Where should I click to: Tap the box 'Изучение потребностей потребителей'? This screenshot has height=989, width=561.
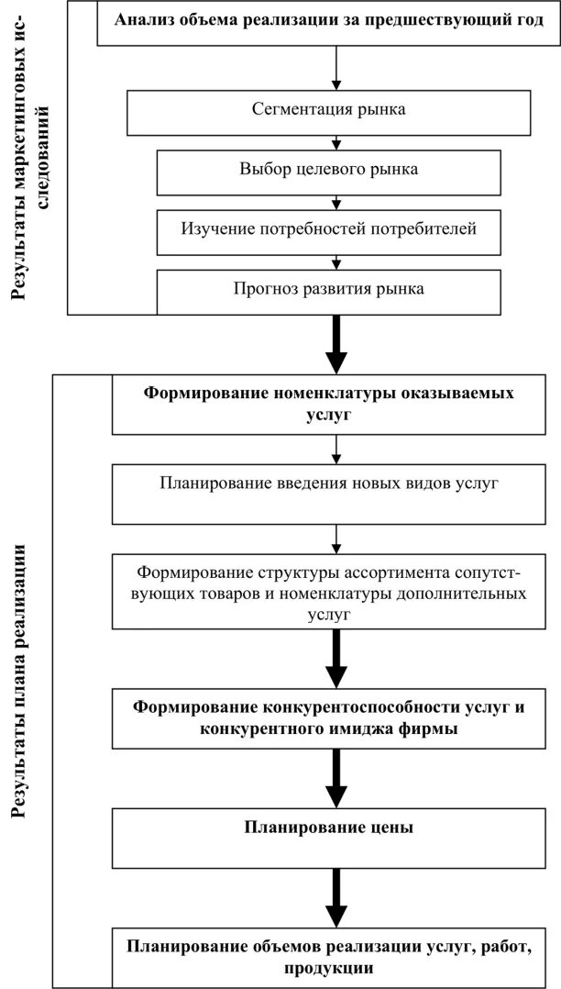click(x=328, y=228)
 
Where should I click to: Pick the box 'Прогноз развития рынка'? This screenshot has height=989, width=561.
click(x=328, y=290)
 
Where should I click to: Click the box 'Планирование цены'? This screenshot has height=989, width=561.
click(x=328, y=828)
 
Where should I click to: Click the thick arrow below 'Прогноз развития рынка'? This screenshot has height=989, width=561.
click(x=337, y=341)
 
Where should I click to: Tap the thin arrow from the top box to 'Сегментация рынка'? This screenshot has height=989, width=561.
click(x=337, y=69)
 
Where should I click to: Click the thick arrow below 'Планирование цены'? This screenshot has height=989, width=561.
click(x=337, y=899)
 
